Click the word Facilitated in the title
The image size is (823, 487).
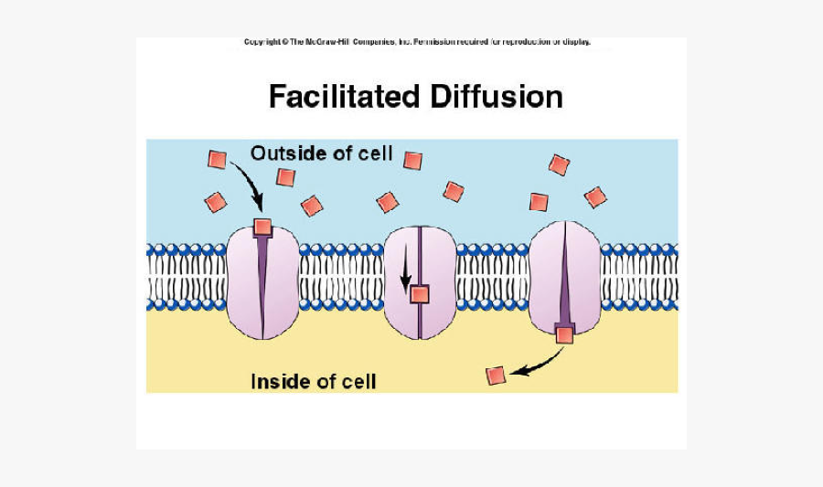pos(344,96)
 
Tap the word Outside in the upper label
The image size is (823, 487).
pos(283,153)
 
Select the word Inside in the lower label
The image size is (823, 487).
pos(278,381)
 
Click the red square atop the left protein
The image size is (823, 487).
pos(262,227)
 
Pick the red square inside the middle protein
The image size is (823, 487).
pos(420,294)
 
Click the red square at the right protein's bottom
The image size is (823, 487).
pos(564,334)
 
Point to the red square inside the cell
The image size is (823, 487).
pos(496,375)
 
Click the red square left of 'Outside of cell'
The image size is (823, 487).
pos(217,159)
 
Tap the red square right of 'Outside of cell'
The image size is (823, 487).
pos(412,161)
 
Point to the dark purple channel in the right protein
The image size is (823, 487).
pos(564,274)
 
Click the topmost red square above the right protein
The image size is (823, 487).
pos(559,164)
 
